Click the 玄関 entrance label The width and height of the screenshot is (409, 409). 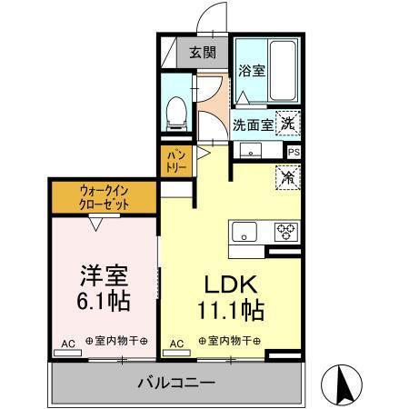point(201,52)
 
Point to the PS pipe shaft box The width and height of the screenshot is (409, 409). point(294,154)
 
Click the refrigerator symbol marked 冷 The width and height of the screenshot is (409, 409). point(287,176)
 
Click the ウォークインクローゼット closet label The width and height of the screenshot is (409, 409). point(104,198)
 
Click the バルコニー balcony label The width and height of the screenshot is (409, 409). point(177,382)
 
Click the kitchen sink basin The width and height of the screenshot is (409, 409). point(245,230)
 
